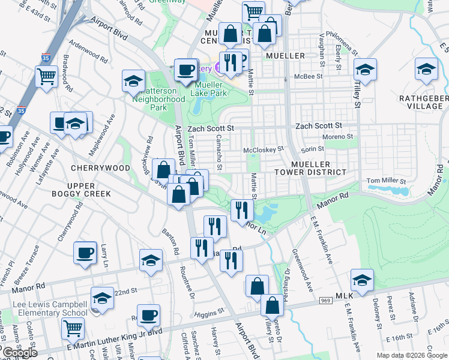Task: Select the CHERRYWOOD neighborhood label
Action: tap(100, 168)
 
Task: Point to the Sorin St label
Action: tap(312, 149)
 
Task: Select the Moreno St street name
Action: tap(337, 137)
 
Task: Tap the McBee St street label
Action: tap(309, 77)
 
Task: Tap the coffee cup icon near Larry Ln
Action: tap(85, 253)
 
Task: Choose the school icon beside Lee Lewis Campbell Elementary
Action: tap(102, 298)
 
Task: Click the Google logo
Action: tap(19, 353)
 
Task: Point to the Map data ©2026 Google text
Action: tap(412, 355)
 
